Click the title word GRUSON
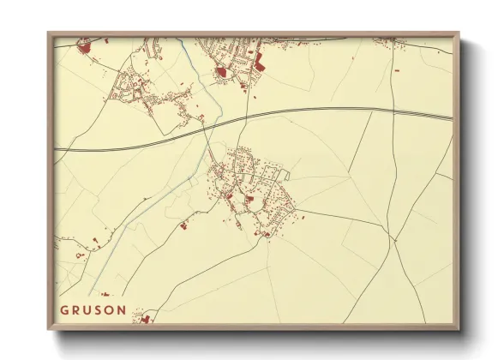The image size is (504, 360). tap(93, 309)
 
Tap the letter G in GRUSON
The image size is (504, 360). tap(63, 309)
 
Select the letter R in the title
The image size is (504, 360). tap(75, 309)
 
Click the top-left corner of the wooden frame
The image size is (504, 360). tap(49, 33)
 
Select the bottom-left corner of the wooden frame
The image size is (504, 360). tap(49, 330)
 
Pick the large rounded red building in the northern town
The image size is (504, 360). tap(221, 72)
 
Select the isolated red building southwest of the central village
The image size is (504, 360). tap(182, 226)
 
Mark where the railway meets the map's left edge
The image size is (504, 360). tap(57, 150)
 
